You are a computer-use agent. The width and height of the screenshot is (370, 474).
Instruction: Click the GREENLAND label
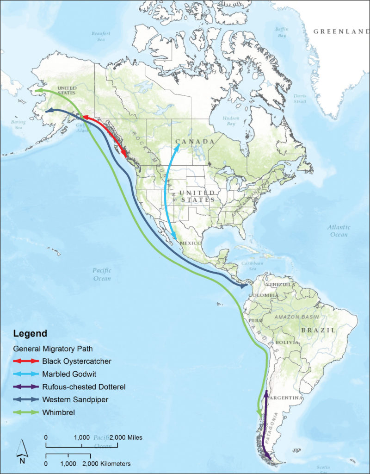(x=341, y=31)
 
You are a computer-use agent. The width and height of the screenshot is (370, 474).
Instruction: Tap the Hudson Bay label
(x=230, y=121)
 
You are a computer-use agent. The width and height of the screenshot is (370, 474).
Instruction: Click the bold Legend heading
(x=30, y=333)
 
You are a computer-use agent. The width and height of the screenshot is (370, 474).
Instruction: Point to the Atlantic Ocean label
(x=339, y=231)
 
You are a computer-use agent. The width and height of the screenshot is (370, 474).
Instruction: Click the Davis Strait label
(x=300, y=98)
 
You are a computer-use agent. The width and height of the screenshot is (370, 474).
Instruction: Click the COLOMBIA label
(x=263, y=295)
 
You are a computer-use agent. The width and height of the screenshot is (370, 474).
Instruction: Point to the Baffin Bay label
(x=282, y=32)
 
